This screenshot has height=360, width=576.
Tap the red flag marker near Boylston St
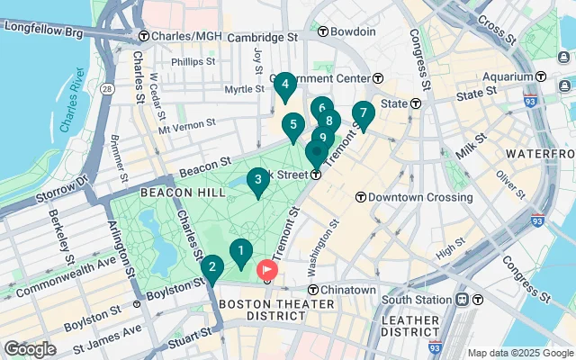pos(267,269)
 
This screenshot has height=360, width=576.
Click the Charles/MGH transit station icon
pos(143,37)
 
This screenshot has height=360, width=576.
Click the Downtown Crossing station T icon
pos(360,196)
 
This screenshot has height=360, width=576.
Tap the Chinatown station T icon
pos(314,290)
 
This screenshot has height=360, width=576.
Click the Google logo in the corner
pos(30,348)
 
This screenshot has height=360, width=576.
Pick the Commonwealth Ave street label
pos(67,279)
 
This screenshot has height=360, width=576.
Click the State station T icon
pos(415,103)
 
